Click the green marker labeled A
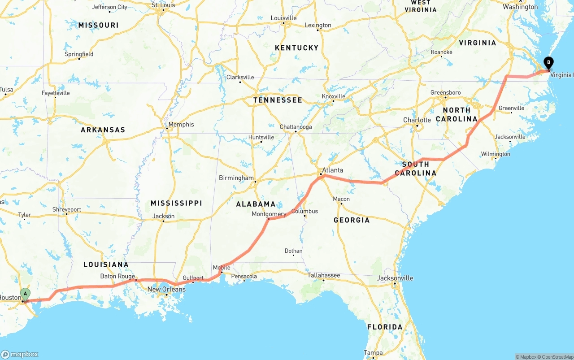point(26,294)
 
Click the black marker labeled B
point(548,63)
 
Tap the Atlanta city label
point(332,170)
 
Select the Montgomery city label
point(269,214)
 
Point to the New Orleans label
point(166,289)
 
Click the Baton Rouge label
point(117,276)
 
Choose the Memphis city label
point(181,124)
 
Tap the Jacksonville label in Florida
point(395,278)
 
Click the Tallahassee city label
point(324,275)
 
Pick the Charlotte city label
point(417,120)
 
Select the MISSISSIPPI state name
point(176,203)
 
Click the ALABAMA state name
point(256,204)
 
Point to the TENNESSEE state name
point(278,100)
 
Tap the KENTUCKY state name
point(296,48)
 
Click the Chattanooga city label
point(296,127)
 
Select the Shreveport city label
point(67,209)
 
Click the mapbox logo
point(20,354)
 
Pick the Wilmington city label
point(496,154)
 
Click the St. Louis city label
point(163,5)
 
